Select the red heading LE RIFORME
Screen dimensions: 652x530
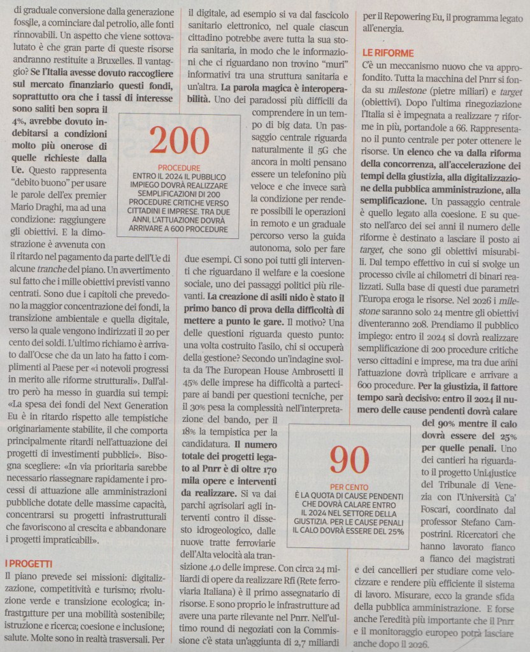(x=388, y=53)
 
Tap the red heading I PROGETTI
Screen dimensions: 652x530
(x=29, y=563)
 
